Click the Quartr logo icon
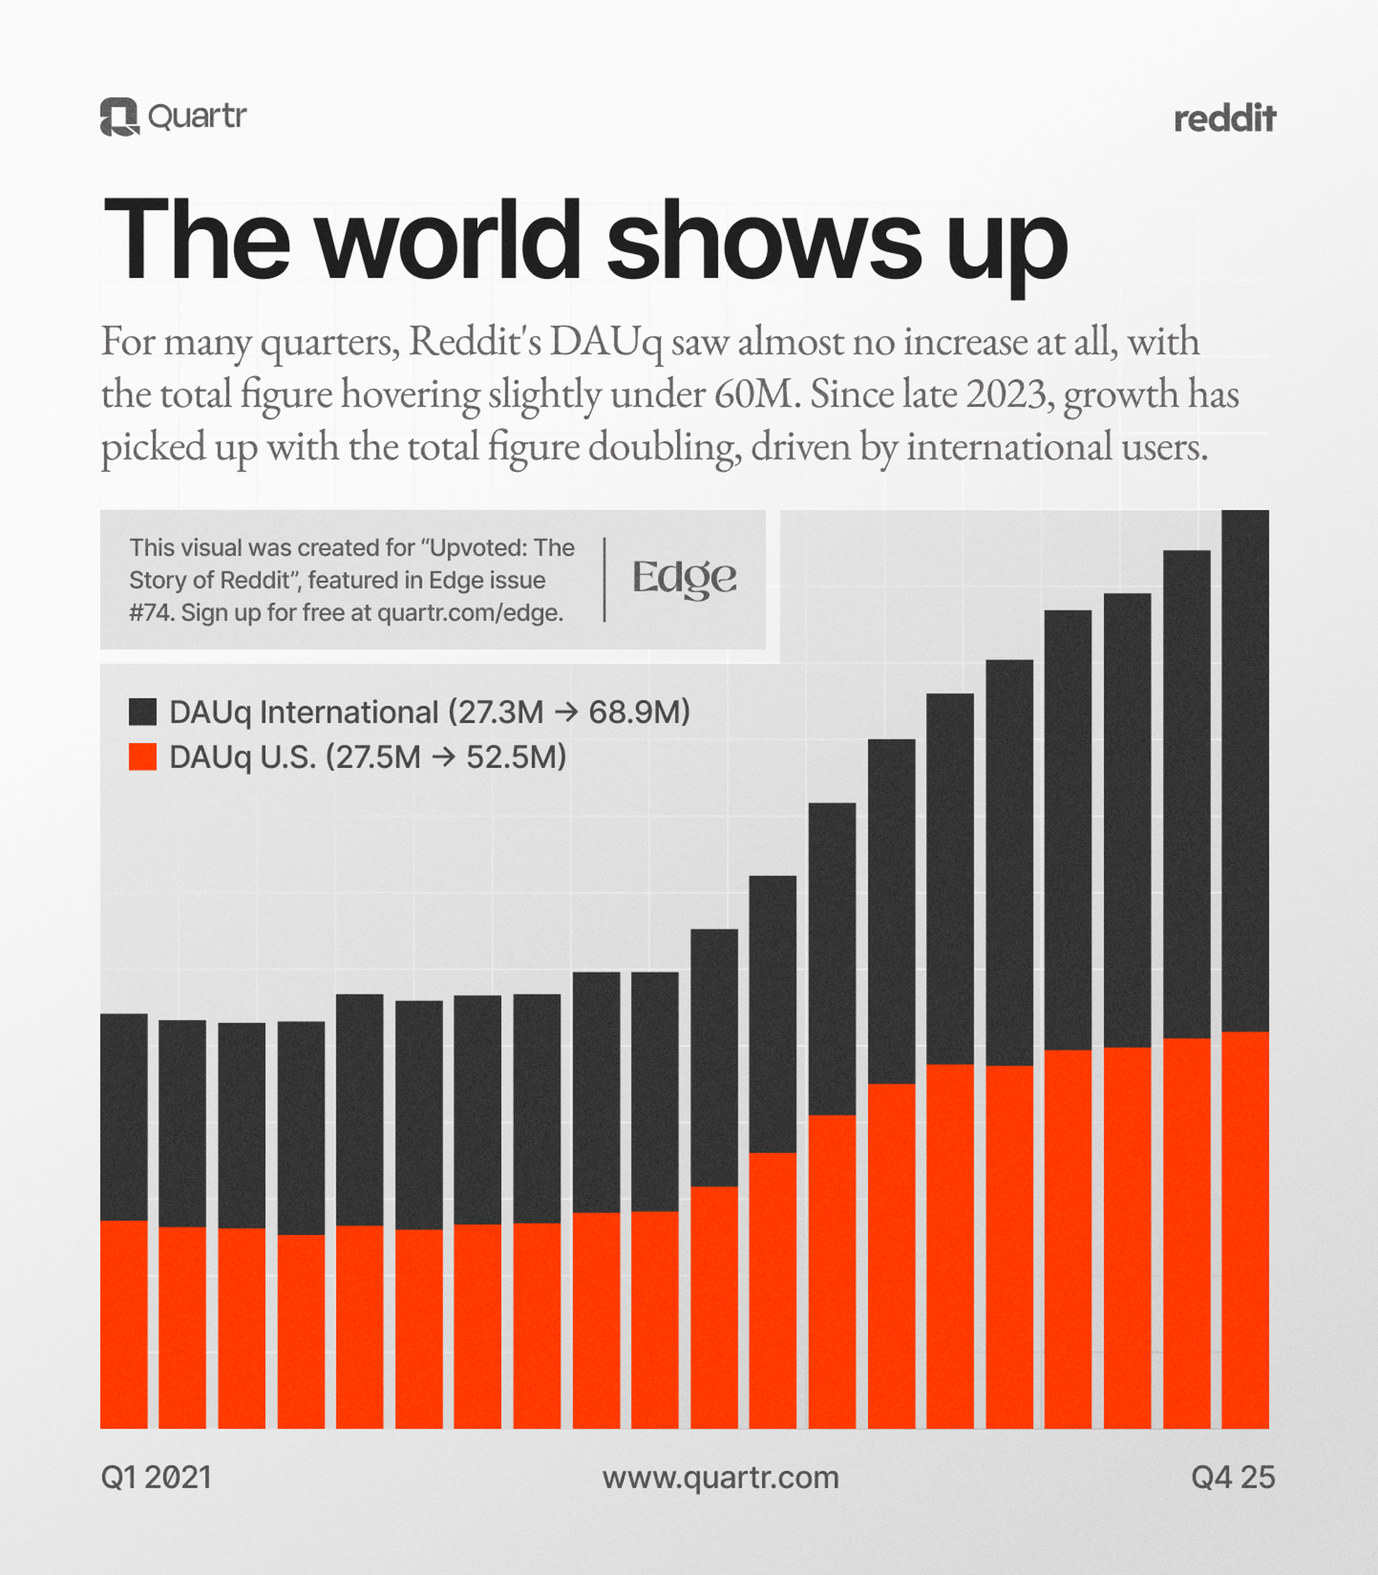coord(119,117)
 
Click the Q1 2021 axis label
coord(156,1477)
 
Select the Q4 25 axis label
coord(1233,1477)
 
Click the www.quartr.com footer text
coord(721,1477)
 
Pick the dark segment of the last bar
coord(1245,769)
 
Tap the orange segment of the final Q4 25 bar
coord(1245,1230)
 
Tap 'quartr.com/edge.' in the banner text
coord(470,613)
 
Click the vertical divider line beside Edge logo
coord(604,579)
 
